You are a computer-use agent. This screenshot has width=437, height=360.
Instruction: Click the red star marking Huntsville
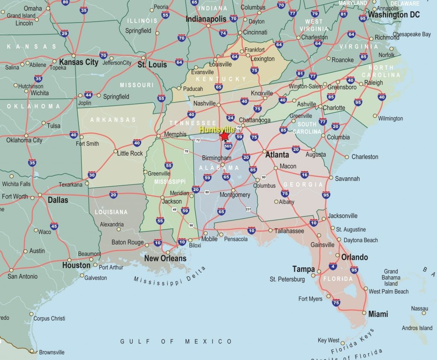point(224,136)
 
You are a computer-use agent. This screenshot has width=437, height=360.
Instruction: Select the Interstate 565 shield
point(227,146)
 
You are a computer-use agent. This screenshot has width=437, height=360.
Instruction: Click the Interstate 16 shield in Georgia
point(304,175)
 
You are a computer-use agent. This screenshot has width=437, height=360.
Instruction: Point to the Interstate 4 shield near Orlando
point(332,266)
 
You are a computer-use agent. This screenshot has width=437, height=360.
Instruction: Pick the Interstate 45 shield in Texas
point(54,226)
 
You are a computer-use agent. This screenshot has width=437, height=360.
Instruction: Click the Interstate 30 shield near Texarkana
point(92,175)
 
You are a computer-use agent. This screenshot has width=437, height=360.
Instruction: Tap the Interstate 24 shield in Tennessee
point(230,118)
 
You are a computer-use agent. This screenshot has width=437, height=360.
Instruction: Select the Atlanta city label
point(277,155)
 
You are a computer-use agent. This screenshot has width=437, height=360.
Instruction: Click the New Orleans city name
point(165,258)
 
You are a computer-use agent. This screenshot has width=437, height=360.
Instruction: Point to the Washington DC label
point(393,15)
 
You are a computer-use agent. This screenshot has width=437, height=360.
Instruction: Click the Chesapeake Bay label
point(411,34)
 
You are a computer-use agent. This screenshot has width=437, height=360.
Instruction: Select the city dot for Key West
point(343,342)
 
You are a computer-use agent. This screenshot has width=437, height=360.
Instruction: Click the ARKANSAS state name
point(113,120)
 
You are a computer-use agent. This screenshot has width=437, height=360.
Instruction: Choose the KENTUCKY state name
point(221,79)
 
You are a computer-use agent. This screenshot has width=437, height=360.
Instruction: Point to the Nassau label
point(420,308)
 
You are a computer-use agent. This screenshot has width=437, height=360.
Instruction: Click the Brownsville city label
point(52,352)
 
